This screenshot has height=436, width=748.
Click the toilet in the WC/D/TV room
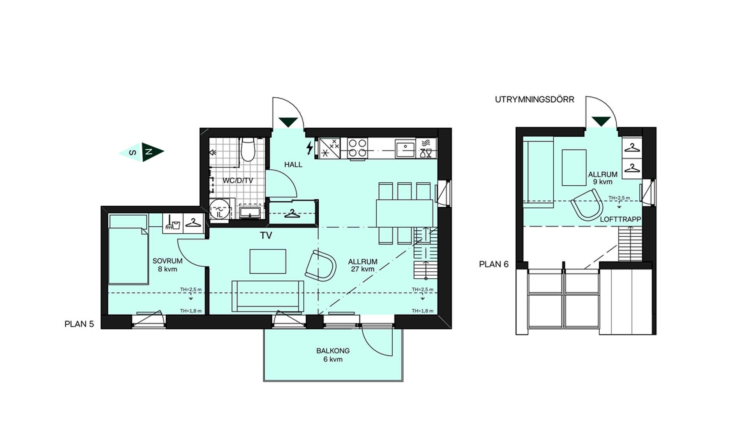click(x=248, y=149)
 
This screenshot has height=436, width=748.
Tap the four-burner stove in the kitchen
click(x=357, y=148)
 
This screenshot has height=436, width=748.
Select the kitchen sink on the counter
click(x=405, y=148)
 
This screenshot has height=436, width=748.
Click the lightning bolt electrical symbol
click(x=310, y=148)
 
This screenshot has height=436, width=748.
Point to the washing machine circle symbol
click(x=219, y=211)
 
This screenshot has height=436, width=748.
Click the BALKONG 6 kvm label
click(x=333, y=355)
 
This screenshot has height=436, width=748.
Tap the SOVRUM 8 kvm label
click(x=168, y=265)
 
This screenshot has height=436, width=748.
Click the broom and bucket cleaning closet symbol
click(x=173, y=223)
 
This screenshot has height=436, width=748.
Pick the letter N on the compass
click(x=148, y=152)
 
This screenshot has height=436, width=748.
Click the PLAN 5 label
click(x=79, y=324)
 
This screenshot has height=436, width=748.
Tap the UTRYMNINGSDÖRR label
click(x=535, y=100)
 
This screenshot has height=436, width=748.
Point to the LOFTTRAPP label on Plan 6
click(x=620, y=220)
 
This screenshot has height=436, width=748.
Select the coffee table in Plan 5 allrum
click(x=268, y=262)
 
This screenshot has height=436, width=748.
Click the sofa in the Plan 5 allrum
click(x=268, y=296)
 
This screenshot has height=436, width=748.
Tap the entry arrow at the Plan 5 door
click(x=288, y=122)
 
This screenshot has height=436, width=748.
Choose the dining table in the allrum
click(x=404, y=213)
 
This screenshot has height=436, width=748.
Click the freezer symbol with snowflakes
click(x=330, y=148)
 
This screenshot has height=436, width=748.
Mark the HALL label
click(x=293, y=165)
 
